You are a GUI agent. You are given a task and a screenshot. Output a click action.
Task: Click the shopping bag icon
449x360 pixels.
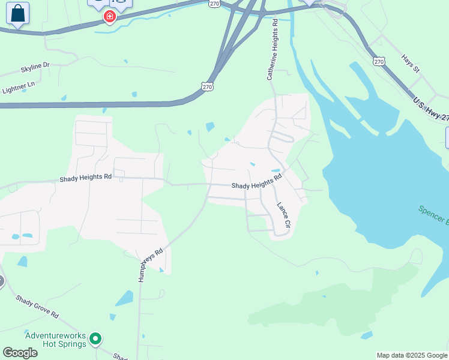(x=17, y=14)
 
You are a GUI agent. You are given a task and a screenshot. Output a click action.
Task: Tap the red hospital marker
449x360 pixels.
(x=109, y=16)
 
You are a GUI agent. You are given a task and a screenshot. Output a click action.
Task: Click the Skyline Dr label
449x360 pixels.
(x=35, y=68)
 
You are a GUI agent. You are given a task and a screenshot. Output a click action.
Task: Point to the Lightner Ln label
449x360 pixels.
(x=19, y=88)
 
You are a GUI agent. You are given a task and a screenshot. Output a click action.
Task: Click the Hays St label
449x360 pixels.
(x=411, y=64)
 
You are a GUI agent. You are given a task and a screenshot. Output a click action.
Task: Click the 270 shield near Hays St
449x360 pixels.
(x=378, y=61)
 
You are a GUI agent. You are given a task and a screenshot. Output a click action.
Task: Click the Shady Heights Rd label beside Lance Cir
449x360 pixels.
(x=257, y=182)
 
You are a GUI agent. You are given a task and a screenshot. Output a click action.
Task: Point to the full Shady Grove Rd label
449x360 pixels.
(x=37, y=306)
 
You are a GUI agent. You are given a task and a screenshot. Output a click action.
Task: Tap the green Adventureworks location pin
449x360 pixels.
(x=95, y=340)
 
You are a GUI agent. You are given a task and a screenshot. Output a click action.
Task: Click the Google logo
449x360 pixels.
(x=20, y=353)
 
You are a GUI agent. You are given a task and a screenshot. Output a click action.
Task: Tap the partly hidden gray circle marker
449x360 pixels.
(x=1, y=280)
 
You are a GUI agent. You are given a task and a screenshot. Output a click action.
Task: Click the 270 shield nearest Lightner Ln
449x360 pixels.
(x=207, y=87)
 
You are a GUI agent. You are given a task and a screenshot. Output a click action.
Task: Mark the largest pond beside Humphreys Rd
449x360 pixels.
(x=124, y=298)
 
